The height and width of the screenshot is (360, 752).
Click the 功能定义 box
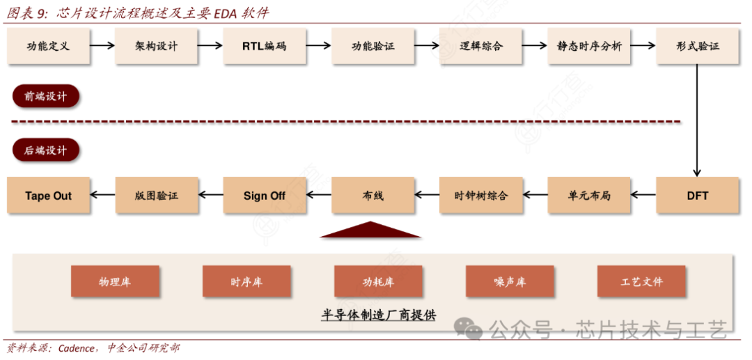coord(48,47)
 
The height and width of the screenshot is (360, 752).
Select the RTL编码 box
coord(265,47)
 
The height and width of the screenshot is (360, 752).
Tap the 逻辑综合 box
coord(481,47)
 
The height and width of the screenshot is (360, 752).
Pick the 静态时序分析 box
coord(589,47)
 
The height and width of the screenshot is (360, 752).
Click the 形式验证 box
coord(697,47)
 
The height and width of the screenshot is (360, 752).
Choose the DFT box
coord(697,196)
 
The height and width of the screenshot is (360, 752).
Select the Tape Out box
coord(48,196)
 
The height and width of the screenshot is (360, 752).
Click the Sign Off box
coord(265,196)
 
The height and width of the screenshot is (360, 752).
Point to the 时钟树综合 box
coord(481,196)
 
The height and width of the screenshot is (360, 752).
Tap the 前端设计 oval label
coord(46,97)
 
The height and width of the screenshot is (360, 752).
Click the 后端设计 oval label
coord(46,150)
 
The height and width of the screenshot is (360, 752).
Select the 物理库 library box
coord(115,282)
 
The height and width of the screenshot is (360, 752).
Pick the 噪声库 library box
coord(510,282)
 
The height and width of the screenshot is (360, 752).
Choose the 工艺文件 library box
coord(641,282)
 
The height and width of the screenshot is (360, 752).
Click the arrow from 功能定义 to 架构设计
coord(102,47)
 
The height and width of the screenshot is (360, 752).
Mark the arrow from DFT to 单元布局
coord(643,196)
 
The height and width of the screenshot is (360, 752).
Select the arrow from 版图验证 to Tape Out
coord(102,196)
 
